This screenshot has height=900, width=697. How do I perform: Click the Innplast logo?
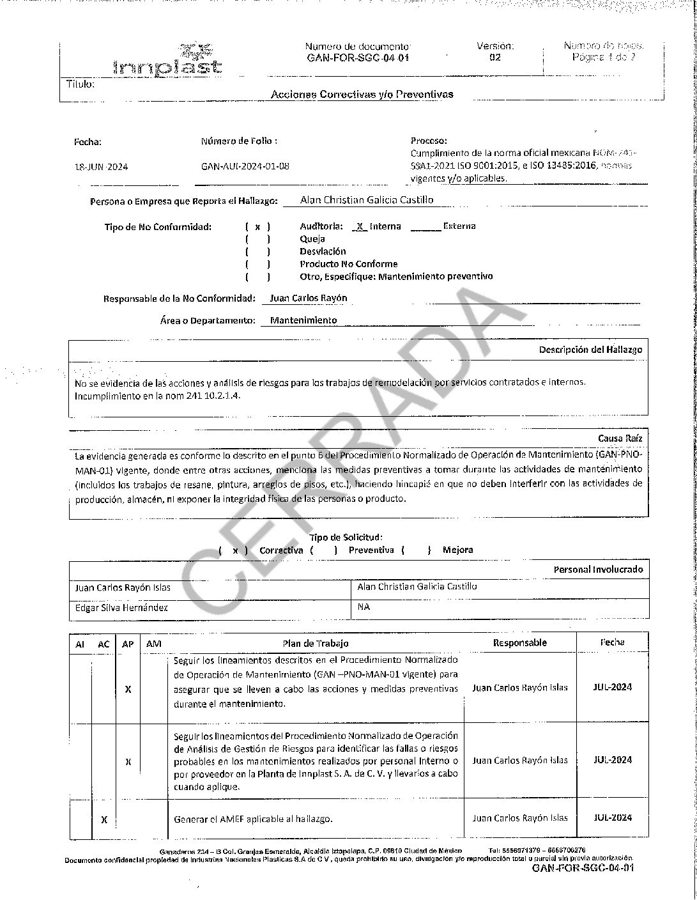point(167,59)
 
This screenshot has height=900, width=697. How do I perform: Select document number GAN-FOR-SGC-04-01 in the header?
point(357,58)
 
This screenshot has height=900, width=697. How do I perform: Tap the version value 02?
point(495,58)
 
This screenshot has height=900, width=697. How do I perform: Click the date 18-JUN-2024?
point(101,167)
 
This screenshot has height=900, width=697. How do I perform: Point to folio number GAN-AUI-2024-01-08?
point(245,166)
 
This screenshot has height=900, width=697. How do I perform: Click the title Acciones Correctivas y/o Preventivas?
point(362,95)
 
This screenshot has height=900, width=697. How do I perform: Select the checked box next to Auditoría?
point(257,226)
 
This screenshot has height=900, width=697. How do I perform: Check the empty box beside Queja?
point(257,239)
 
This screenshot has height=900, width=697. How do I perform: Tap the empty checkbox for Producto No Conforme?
point(257,264)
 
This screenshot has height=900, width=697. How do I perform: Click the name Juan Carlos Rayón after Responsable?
point(309,299)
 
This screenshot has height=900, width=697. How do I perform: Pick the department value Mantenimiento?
point(303,320)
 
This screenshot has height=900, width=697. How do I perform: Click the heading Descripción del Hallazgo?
point(590,350)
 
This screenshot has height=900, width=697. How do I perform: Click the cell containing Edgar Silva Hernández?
point(210,608)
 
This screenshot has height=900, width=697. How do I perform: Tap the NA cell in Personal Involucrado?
point(500,608)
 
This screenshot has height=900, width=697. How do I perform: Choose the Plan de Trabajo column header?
point(316,644)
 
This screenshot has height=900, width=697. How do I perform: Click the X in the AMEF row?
point(104,819)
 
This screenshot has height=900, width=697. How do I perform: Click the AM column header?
point(153,644)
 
